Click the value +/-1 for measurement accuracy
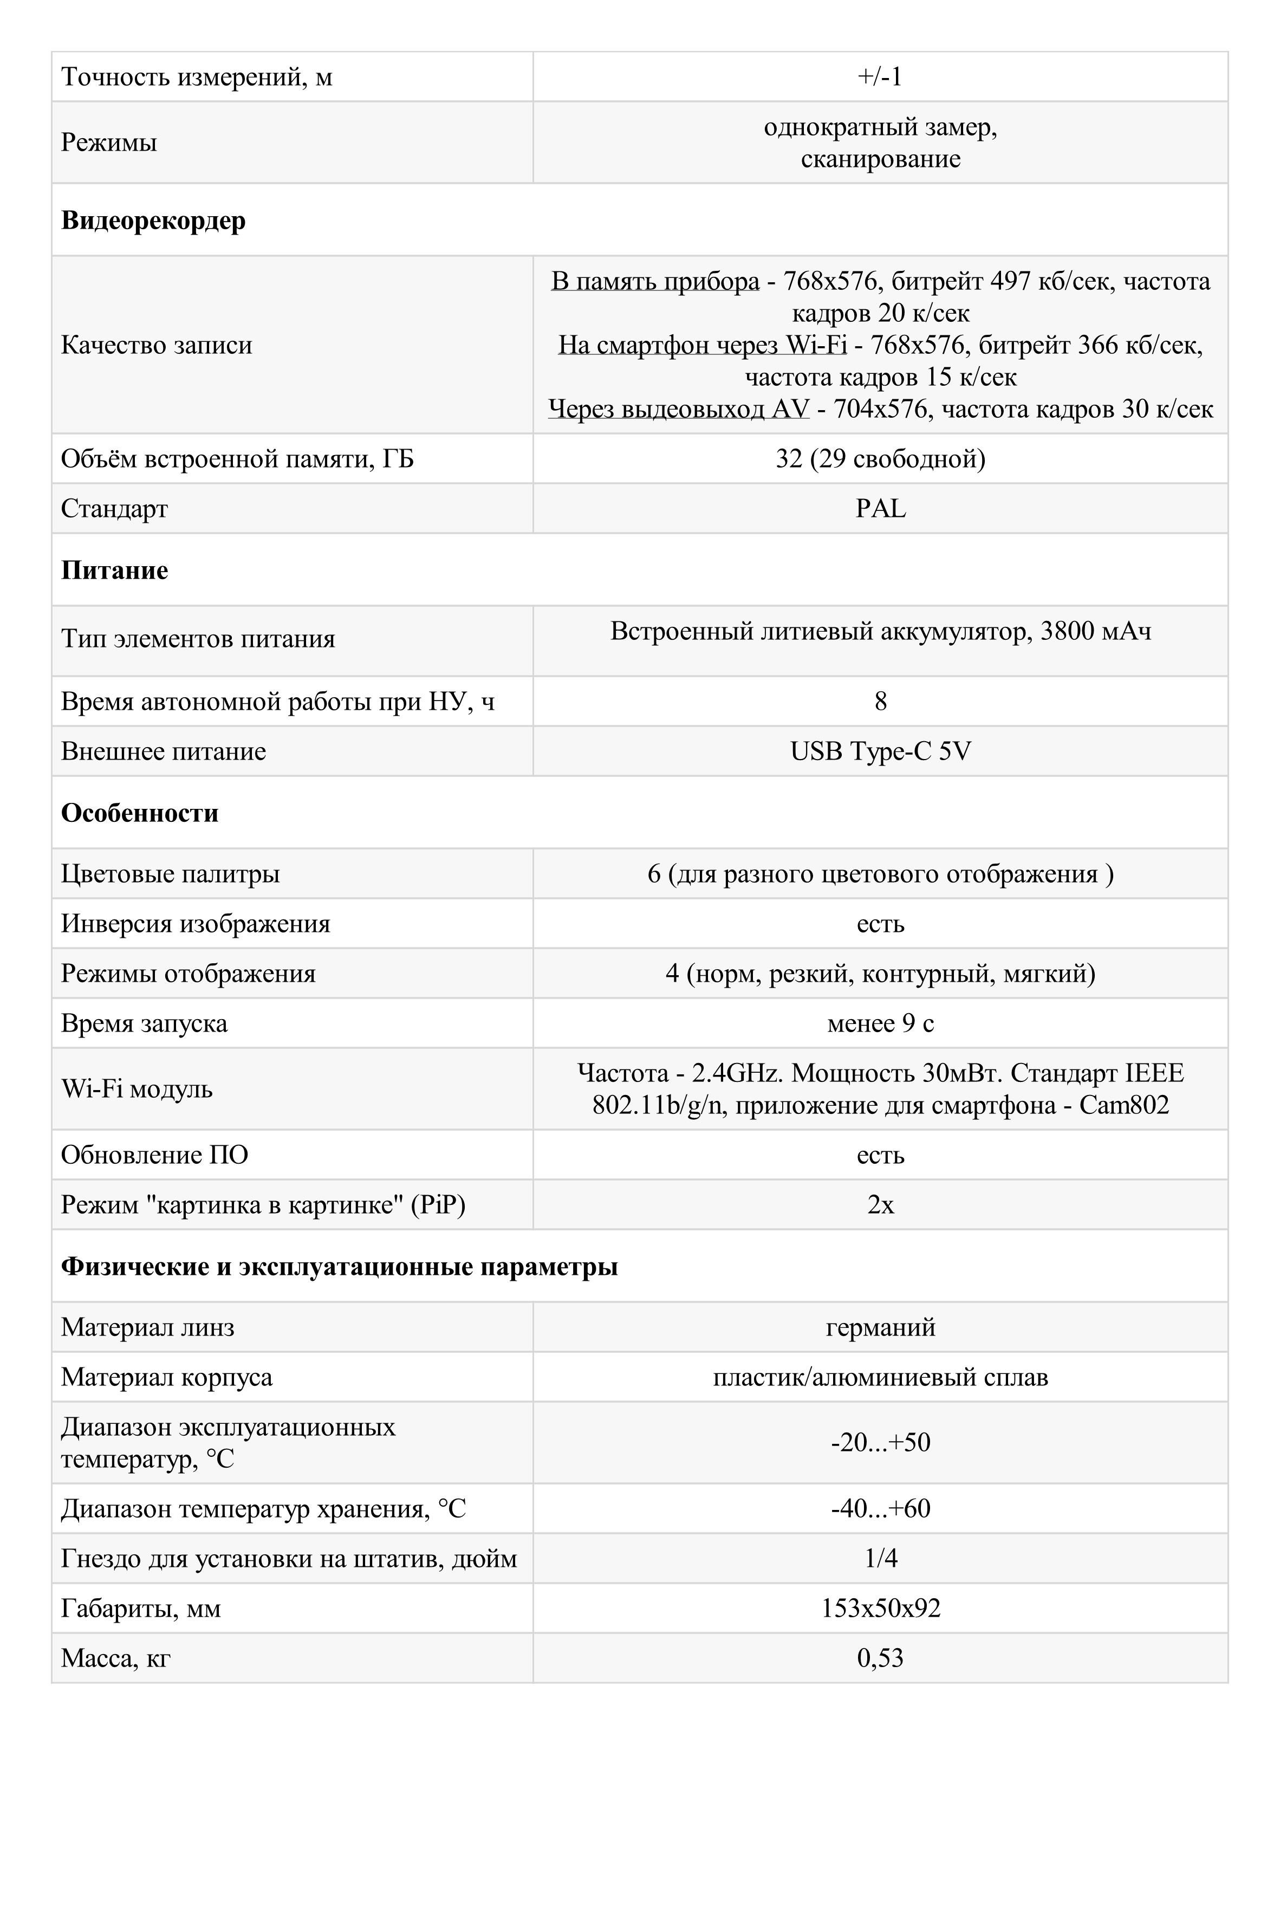(880, 77)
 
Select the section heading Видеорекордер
(153, 221)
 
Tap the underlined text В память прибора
(655, 281)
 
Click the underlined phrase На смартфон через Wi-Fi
(701, 345)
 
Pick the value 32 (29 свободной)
(880, 459)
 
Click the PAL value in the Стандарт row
(880, 509)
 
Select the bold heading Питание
(114, 570)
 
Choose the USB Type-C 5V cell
(880, 751)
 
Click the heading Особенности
(140, 813)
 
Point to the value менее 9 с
(880, 1023)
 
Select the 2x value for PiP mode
(880, 1205)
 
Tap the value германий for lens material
(880, 1327)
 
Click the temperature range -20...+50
(880, 1442)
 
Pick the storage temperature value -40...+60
(880, 1508)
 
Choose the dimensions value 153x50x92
(880, 1608)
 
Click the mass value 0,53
(880, 1658)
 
